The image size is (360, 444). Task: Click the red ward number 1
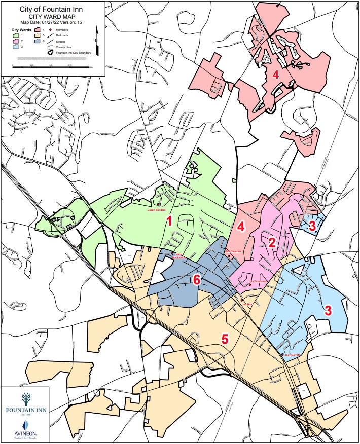click(170, 221)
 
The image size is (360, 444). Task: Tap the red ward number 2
click(272, 242)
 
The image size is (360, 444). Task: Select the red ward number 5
click(225, 339)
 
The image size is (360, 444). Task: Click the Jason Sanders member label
click(157, 209)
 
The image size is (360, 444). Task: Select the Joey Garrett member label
click(292, 355)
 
